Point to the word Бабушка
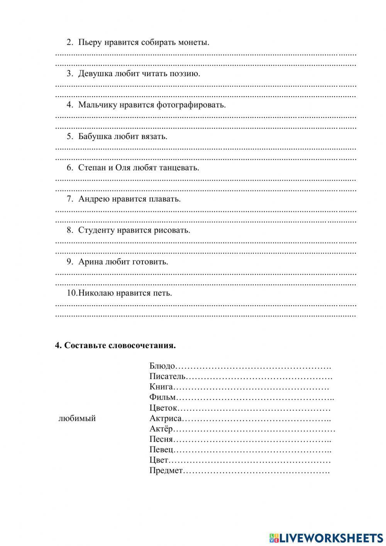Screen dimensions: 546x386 click(95, 136)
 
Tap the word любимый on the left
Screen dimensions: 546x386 click(77, 418)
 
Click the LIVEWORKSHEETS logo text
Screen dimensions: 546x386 click(330, 538)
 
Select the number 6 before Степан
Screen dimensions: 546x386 click(69, 168)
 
